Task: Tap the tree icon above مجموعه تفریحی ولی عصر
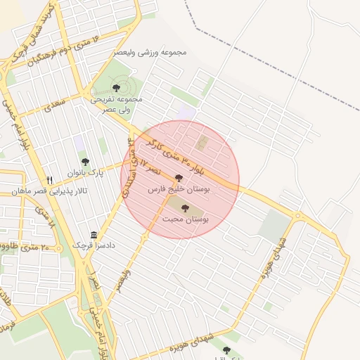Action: tap(116, 88)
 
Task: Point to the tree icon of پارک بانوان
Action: tap(86, 162)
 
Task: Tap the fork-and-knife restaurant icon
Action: tap(49, 180)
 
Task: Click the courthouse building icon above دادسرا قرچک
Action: tap(94, 235)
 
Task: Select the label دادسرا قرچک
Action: tap(94, 245)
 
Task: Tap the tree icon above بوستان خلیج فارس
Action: tap(179, 179)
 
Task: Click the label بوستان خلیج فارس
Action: tap(179, 190)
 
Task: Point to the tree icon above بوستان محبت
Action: tap(185, 208)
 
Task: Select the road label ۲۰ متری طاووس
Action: tap(28, 247)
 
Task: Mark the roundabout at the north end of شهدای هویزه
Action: tap(300, 214)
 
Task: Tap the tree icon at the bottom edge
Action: tap(226, 349)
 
